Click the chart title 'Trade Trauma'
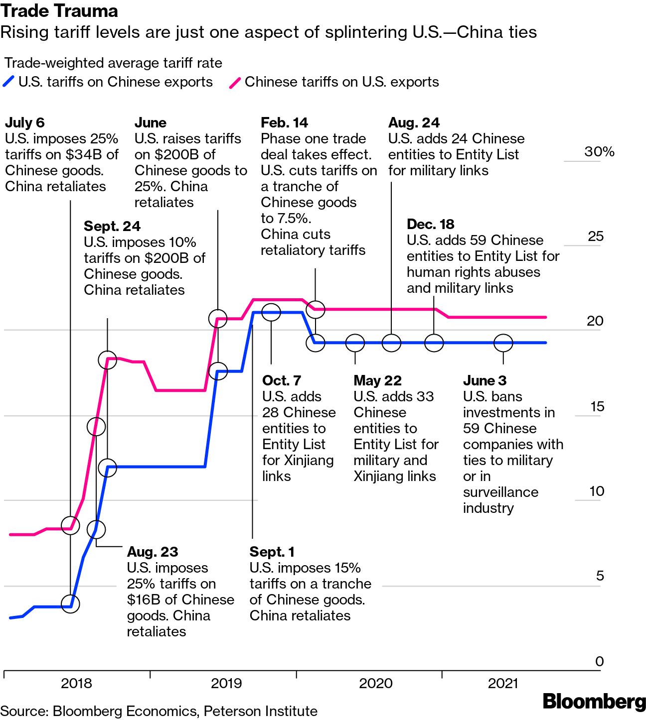[x=59, y=11]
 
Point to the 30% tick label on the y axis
[x=599, y=152]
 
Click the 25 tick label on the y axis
[x=596, y=236]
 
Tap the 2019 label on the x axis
[x=226, y=683]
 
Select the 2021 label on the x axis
[x=503, y=683]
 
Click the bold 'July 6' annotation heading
[x=25, y=122]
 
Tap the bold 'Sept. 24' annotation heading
[x=112, y=226]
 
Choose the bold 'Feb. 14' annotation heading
[x=284, y=122]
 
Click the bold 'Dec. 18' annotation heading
[x=431, y=224]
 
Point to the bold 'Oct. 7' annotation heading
[x=282, y=380]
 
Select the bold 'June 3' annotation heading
[x=484, y=380]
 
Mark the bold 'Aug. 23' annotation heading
[x=153, y=552]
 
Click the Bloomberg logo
[x=594, y=702]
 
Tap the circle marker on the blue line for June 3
[x=503, y=343]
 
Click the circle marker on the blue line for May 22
[x=355, y=343]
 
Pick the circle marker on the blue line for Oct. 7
[x=271, y=312]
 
